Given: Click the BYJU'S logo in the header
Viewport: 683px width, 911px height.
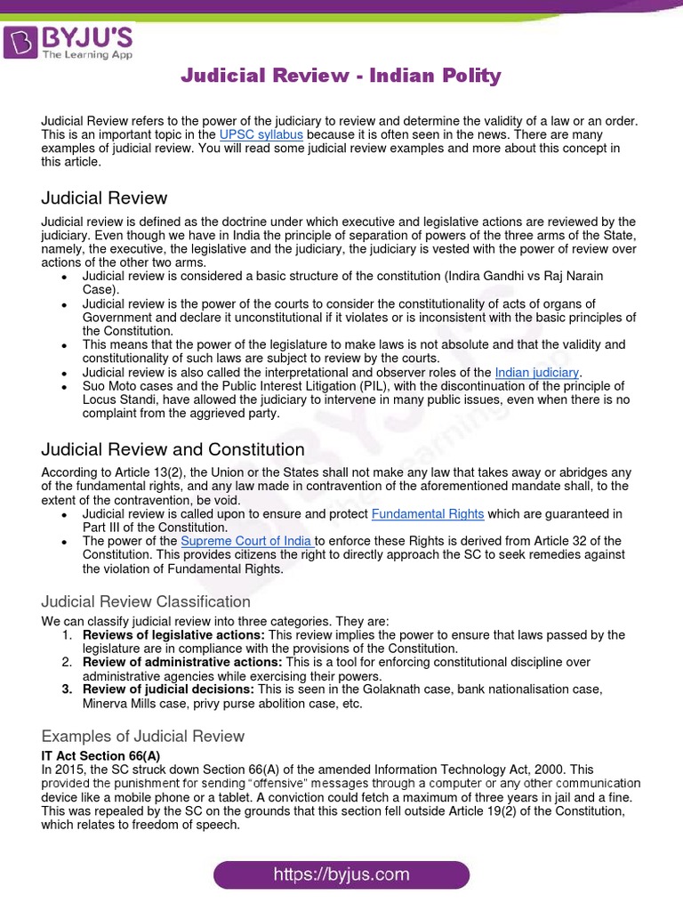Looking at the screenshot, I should coord(68,42).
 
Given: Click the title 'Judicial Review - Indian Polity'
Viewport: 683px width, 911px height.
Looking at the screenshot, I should coord(341,76).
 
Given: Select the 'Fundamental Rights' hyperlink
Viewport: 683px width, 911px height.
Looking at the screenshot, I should coord(428,514).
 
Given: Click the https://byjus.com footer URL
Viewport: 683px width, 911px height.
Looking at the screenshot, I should coord(341,875).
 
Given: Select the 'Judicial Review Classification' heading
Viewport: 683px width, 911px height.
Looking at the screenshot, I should coord(146,601).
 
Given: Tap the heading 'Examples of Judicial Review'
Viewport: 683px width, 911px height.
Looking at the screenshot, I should coord(143,736).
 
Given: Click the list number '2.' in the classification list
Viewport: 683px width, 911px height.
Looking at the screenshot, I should coord(68,663).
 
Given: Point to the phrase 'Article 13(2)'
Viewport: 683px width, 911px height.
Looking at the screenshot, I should coord(138,472).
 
